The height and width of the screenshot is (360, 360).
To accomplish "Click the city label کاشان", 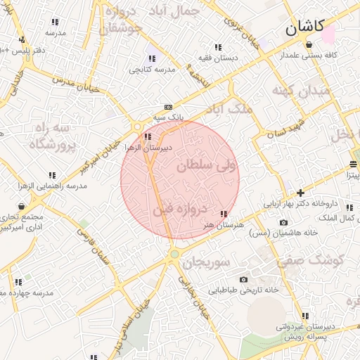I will pos(304,27).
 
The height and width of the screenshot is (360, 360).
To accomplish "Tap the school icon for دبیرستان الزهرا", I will pos(146,137).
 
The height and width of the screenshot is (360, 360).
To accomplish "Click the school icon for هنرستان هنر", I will pos(224,214).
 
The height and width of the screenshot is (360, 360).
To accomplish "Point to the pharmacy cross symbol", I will pos(300,192).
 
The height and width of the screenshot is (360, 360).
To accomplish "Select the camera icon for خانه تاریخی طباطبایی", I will pos(244,279).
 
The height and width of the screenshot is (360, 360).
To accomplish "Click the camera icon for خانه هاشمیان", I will pos(283,223).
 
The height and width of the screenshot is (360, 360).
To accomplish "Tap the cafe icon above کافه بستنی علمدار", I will pos(309,44).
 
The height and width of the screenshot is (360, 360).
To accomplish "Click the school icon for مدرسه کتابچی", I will pos(152,59).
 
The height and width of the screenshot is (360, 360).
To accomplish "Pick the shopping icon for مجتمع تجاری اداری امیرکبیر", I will pos(21,206).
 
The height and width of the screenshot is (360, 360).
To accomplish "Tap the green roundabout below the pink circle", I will pos(174,254).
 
